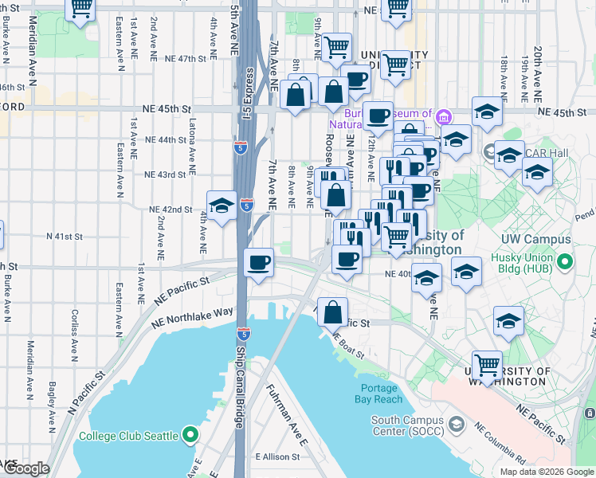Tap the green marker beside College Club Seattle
(190, 435)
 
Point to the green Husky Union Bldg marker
(565, 261)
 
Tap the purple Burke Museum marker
(444, 117)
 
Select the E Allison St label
(276, 457)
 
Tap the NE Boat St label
(348, 345)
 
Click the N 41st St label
(65, 237)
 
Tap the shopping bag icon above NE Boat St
(333, 311)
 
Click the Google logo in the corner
(26, 469)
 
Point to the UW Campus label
(535, 240)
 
